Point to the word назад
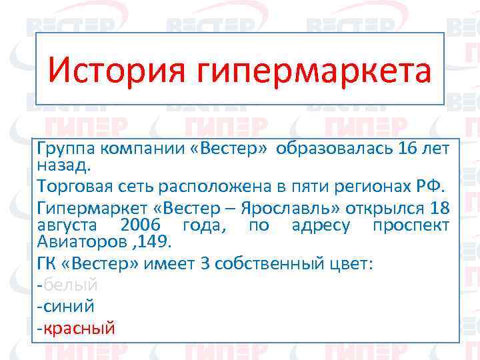(x=65, y=162)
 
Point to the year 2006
(x=141, y=225)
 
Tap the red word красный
(x=79, y=328)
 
